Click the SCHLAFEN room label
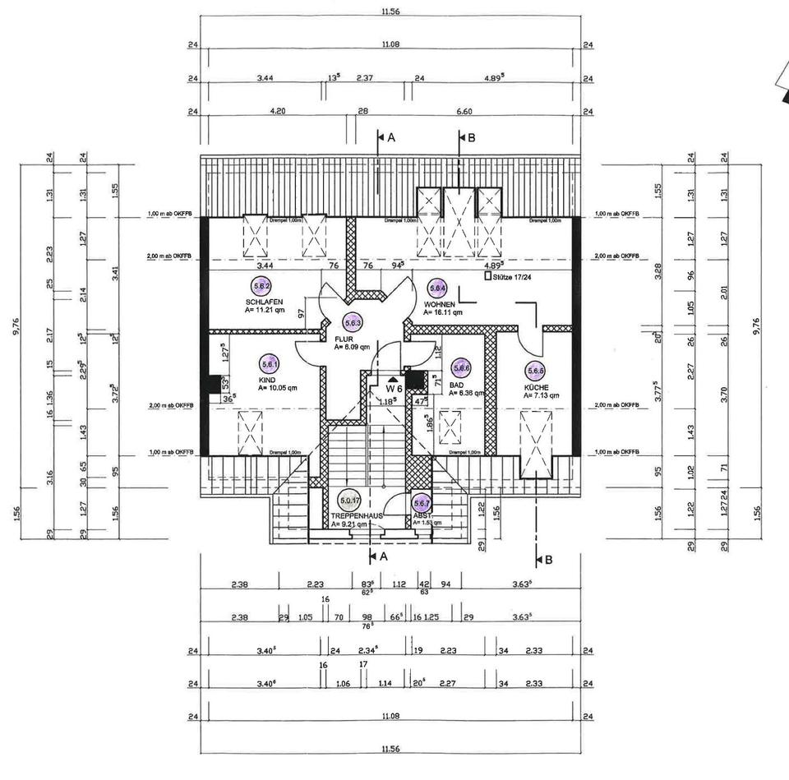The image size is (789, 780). [x=264, y=302]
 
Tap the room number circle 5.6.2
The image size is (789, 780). [x=262, y=287]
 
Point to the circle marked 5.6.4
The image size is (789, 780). [x=437, y=288]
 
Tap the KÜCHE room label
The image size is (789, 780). [x=537, y=386]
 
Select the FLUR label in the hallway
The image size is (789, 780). [x=344, y=338]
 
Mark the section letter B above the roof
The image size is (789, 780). [x=471, y=138]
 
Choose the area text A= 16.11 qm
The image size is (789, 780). [x=444, y=312]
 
